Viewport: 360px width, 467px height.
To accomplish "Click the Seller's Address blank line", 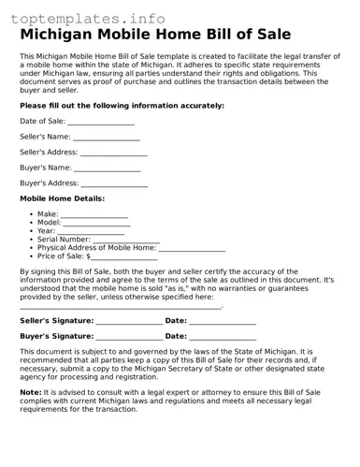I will click(x=113, y=154).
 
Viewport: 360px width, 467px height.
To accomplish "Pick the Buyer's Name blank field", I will click(x=108, y=169).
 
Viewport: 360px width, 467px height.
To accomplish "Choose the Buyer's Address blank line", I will click(x=114, y=185).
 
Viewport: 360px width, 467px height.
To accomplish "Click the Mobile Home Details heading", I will click(x=62, y=199).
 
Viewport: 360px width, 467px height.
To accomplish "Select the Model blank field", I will click(x=97, y=225).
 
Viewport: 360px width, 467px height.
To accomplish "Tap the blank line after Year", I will click(x=92, y=232).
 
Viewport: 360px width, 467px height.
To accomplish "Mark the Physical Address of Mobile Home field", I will click(x=192, y=249).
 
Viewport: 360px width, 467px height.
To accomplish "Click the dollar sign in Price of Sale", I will click(x=89, y=256).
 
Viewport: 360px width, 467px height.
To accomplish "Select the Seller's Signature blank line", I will click(x=129, y=323).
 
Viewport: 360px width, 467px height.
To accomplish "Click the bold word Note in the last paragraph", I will click(x=30, y=393).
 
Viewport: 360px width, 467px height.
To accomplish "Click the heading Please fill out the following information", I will click(x=122, y=106).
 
